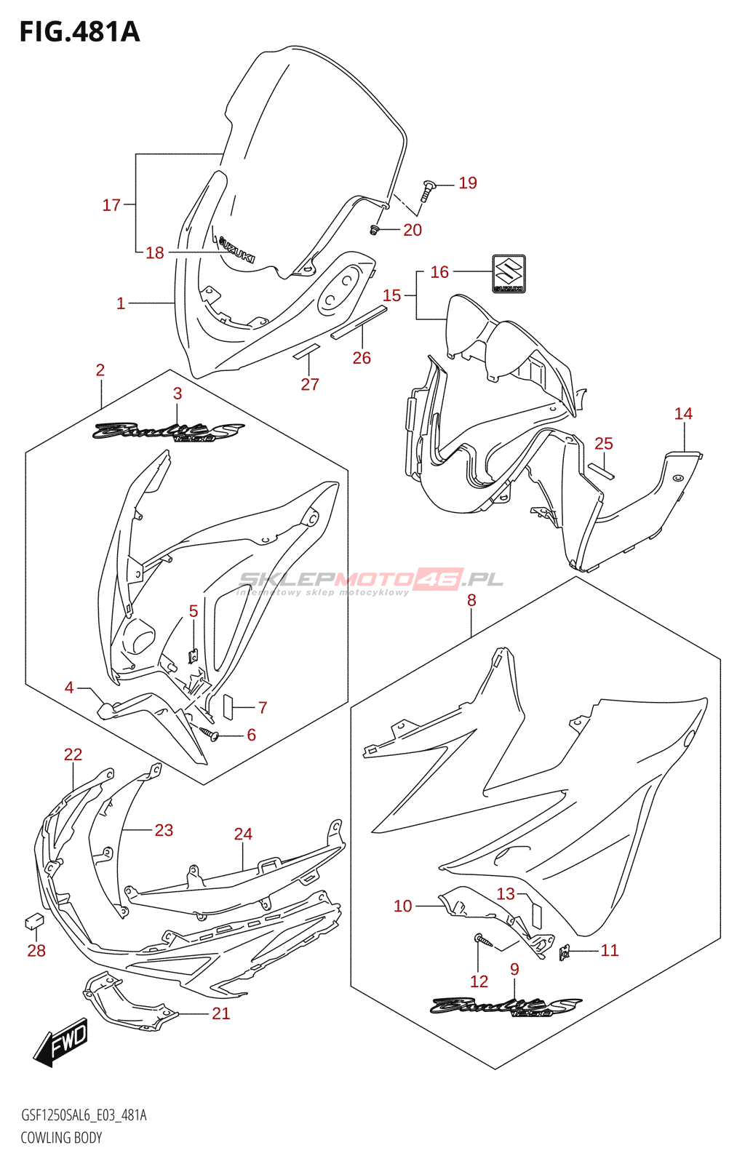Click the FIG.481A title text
pyautogui.click(x=79, y=32)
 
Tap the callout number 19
pyautogui.click(x=468, y=183)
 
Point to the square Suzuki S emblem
pyautogui.click(x=509, y=274)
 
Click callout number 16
pyautogui.click(x=439, y=271)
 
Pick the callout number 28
pyautogui.click(x=36, y=950)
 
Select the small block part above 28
pyautogui.click(x=33, y=921)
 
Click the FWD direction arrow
pyautogui.click(x=61, y=1042)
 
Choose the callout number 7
pyautogui.click(x=263, y=707)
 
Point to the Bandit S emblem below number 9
pyautogui.click(x=505, y=1006)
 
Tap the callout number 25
pyautogui.click(x=604, y=443)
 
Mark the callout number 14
pyautogui.click(x=683, y=413)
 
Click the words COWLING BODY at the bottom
pyautogui.click(x=61, y=1137)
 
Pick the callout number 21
pyautogui.click(x=221, y=1013)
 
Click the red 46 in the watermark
pyautogui.click(x=438, y=579)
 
